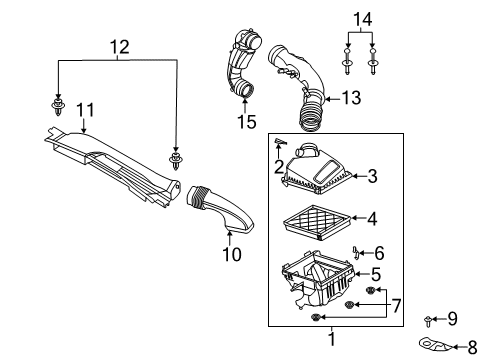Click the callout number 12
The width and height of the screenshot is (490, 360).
(x=119, y=45)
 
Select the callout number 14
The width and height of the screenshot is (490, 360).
(x=361, y=18)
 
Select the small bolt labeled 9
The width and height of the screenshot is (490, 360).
(x=430, y=320)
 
